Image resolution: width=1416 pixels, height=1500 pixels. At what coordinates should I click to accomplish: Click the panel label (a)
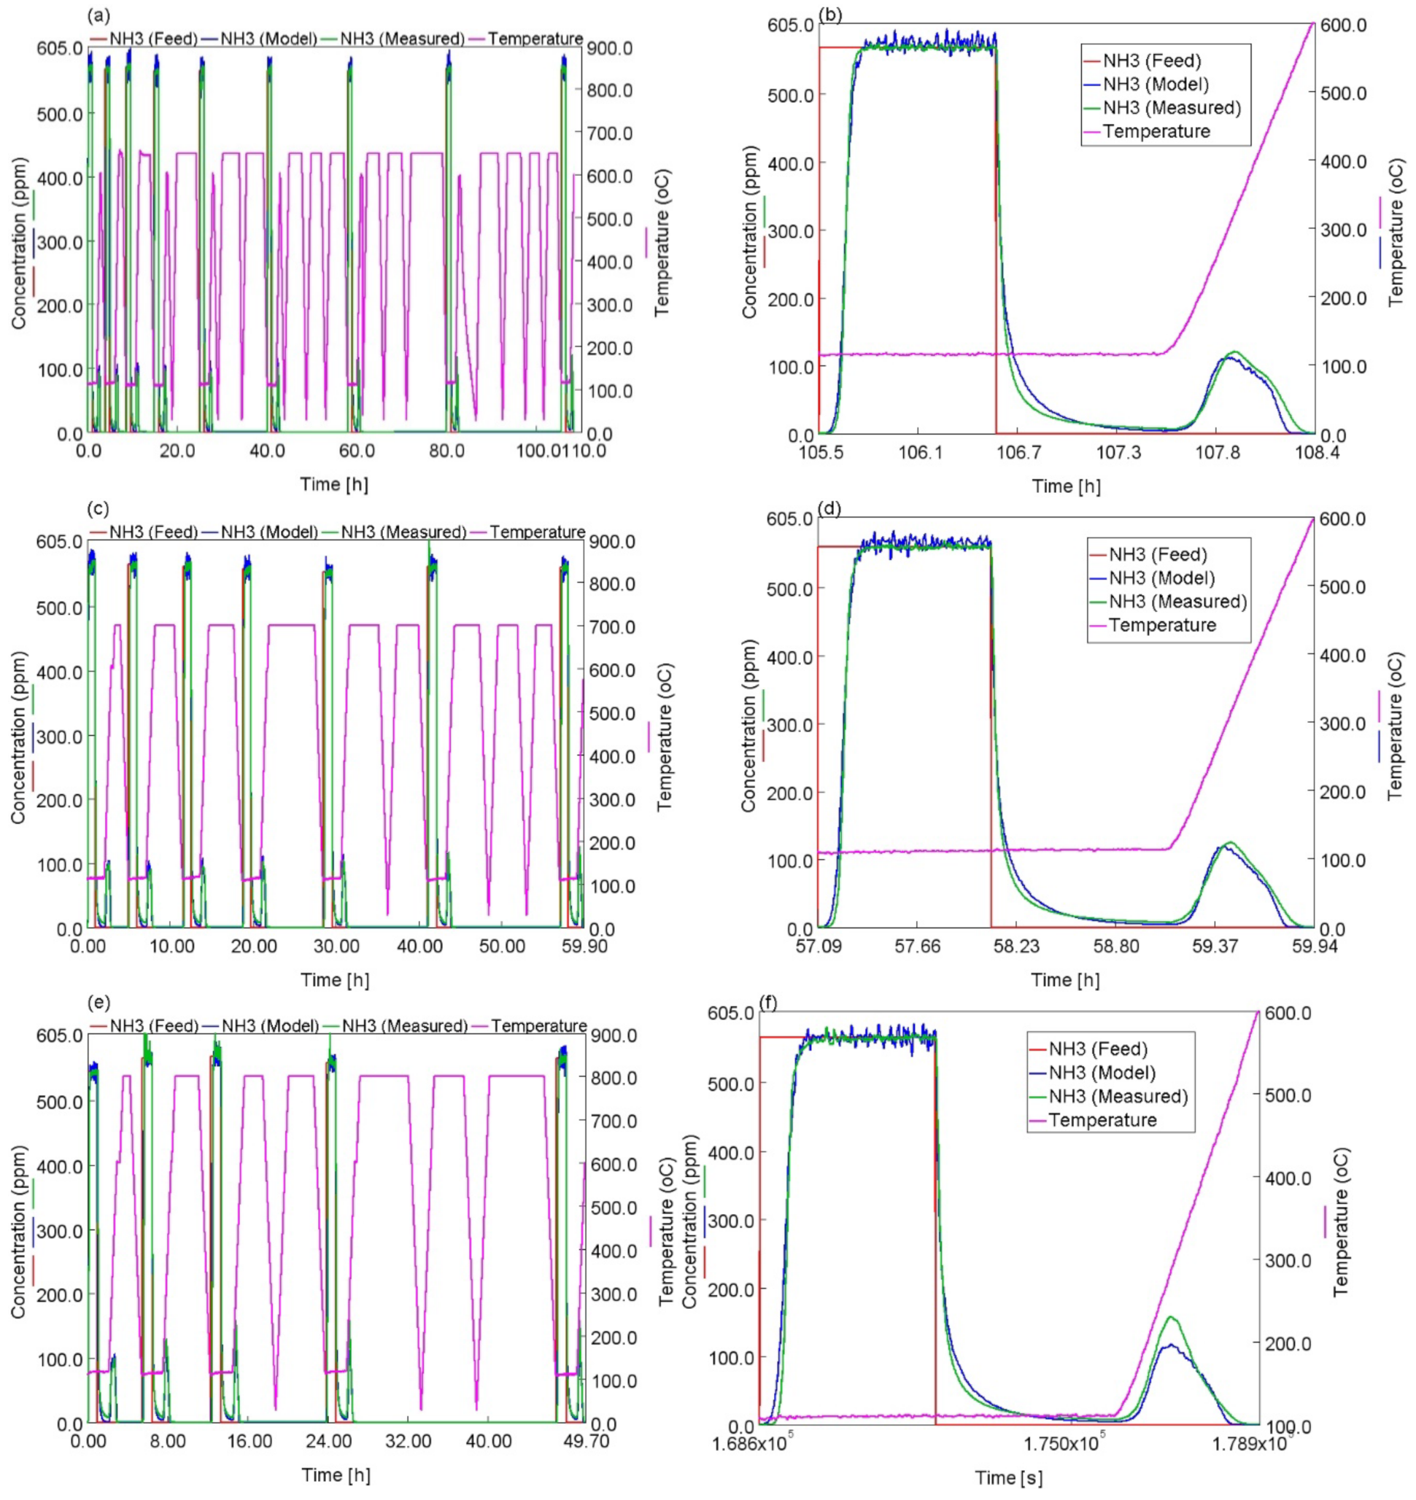point(97,15)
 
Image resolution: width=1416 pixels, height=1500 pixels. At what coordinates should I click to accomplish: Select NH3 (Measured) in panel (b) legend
point(1172,108)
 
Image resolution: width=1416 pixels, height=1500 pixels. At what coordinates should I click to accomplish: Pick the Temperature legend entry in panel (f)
point(1102,1120)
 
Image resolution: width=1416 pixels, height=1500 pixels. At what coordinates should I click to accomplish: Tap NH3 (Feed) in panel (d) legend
point(1158,556)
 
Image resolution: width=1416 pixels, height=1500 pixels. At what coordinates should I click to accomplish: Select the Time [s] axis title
point(1008,1477)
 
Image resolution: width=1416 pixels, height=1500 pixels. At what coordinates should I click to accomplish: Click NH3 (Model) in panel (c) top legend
point(269,532)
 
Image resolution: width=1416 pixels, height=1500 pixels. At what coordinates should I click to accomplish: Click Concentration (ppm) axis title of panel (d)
point(748,725)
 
